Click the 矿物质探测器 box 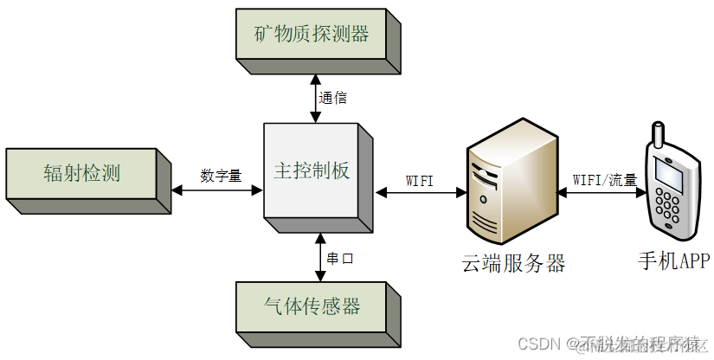pyautogui.click(x=311, y=35)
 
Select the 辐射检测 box pyautogui.click(x=81, y=173)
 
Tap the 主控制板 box pyautogui.click(x=311, y=170)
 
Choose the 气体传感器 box pyautogui.click(x=311, y=305)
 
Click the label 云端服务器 pyautogui.click(x=513, y=263)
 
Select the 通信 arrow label pyautogui.click(x=333, y=98)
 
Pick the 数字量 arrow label pyautogui.click(x=221, y=175)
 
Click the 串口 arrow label pyautogui.click(x=340, y=258)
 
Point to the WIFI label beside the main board pyautogui.click(x=420, y=180)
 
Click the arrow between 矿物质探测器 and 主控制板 pyautogui.click(x=318, y=96)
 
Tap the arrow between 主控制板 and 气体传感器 pyautogui.click(x=320, y=258)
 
